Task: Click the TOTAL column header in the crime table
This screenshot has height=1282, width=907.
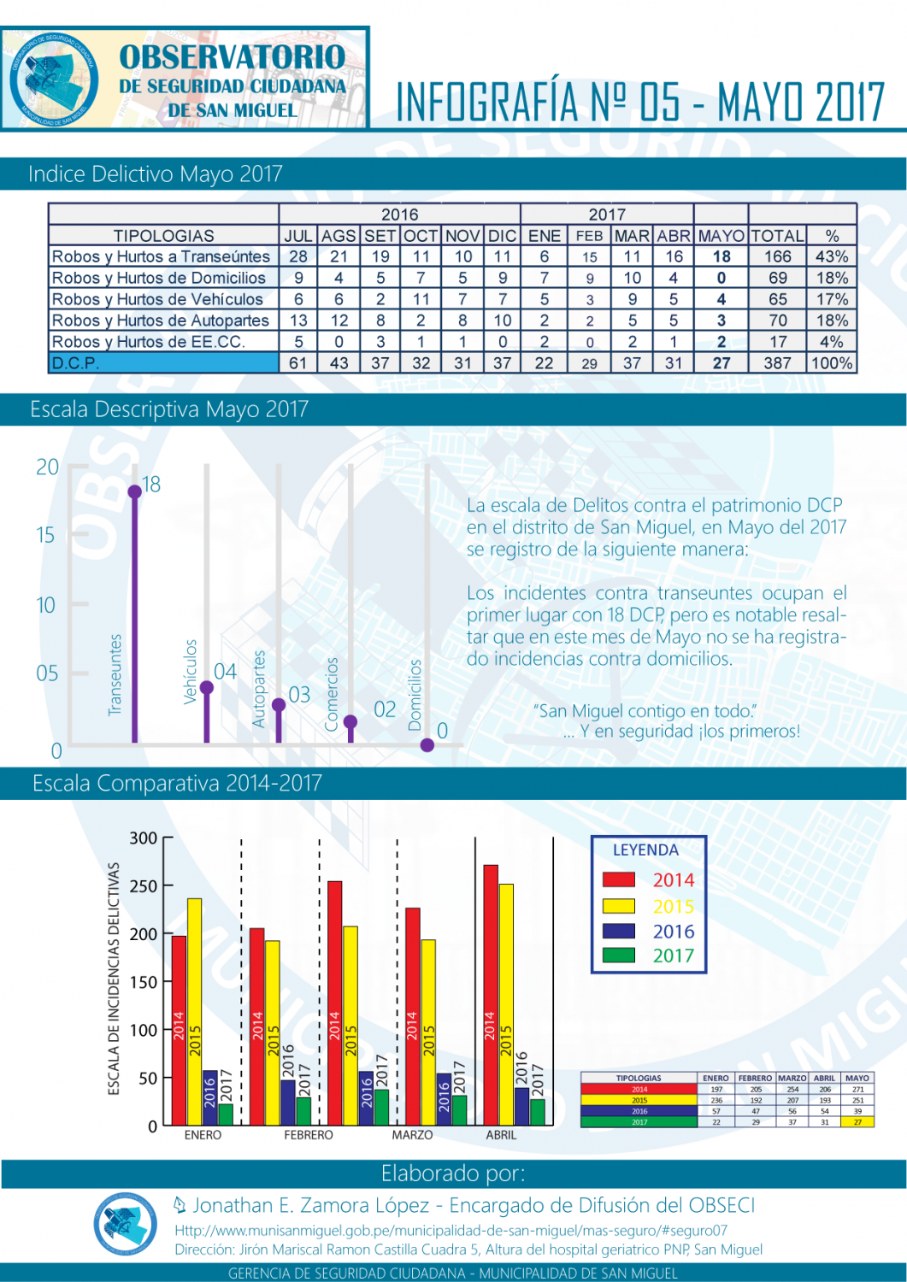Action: coord(777,235)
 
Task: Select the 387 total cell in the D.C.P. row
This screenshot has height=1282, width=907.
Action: coord(777,362)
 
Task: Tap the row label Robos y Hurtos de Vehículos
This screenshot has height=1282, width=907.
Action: coord(157,299)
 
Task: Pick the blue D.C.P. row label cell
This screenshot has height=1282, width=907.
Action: coord(163,362)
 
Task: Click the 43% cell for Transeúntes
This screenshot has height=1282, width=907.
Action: coord(832,256)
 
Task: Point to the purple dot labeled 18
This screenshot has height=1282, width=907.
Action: coord(134,491)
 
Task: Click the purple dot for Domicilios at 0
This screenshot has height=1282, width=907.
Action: coord(427,744)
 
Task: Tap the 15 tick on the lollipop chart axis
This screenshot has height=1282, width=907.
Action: coord(45,536)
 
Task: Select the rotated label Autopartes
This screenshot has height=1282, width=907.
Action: coord(259,689)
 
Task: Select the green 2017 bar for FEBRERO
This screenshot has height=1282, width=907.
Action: coord(303,1111)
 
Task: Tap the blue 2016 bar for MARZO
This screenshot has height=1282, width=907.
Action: coord(444,1099)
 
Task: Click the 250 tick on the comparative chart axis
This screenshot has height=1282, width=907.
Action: coord(144,886)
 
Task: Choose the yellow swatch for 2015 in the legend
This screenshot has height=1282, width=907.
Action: coord(618,906)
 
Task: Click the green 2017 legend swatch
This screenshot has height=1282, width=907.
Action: coord(618,955)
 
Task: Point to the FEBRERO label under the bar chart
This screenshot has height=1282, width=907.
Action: coord(309,1135)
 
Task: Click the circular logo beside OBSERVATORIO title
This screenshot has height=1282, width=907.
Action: coord(53,79)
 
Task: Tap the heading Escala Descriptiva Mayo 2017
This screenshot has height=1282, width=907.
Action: coord(169,409)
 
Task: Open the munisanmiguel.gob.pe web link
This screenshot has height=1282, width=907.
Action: coord(451,1231)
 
